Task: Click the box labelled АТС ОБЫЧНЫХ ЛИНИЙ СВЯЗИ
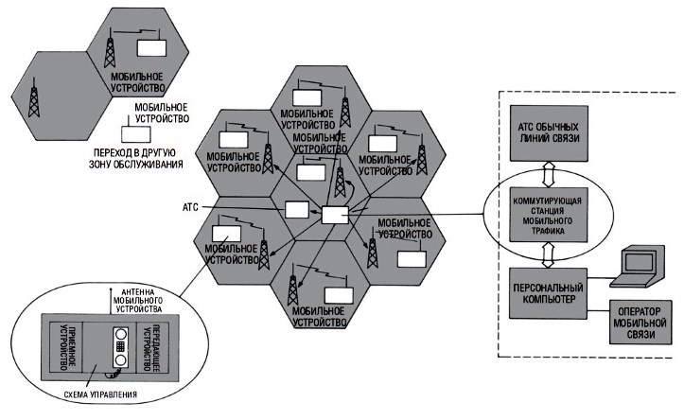tap(544, 132)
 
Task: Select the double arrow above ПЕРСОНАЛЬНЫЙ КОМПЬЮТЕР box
tap(544, 253)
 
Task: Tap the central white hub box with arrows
tap(335, 214)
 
